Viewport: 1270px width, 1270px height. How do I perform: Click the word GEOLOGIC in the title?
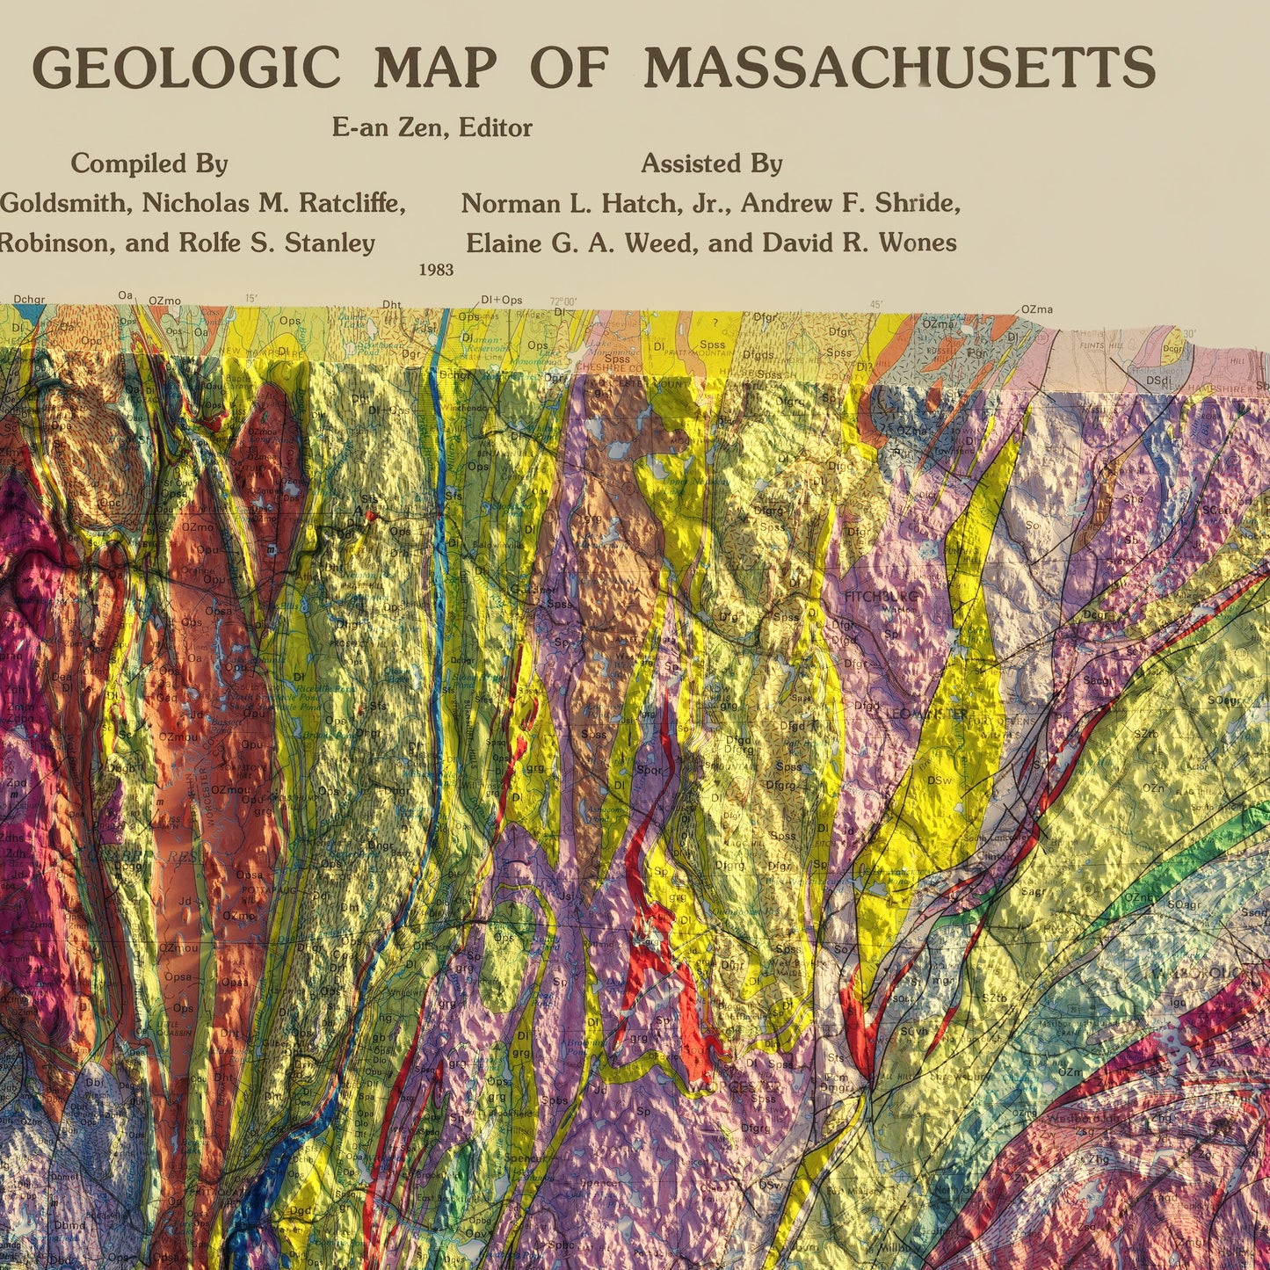(x=185, y=68)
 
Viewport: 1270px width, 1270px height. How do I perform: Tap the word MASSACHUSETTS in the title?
(x=899, y=68)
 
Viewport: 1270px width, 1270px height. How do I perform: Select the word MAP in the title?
(x=436, y=68)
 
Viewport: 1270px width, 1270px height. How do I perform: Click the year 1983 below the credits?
(x=437, y=270)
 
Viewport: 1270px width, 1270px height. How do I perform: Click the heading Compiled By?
(x=149, y=163)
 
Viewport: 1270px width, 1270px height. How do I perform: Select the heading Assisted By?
(x=711, y=163)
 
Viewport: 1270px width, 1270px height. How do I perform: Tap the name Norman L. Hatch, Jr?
(x=597, y=204)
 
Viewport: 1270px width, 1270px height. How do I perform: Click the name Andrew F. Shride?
(x=850, y=204)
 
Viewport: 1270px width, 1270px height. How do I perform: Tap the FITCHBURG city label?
(x=881, y=597)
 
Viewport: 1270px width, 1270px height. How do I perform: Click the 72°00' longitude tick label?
(x=562, y=302)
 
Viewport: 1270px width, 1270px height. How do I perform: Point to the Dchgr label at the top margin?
(x=29, y=300)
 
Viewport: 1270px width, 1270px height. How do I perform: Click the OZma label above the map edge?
(x=1037, y=309)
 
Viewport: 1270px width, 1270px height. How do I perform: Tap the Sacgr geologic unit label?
(x=1095, y=680)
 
